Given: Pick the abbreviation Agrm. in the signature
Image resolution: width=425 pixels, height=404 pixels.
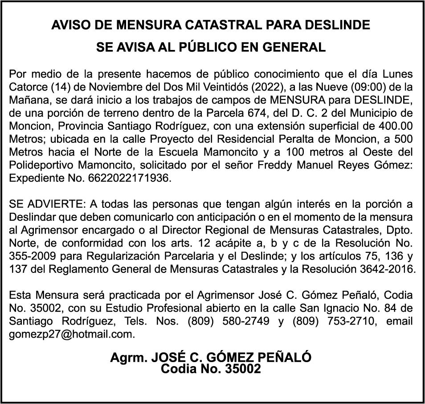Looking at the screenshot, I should [x=129, y=357].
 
